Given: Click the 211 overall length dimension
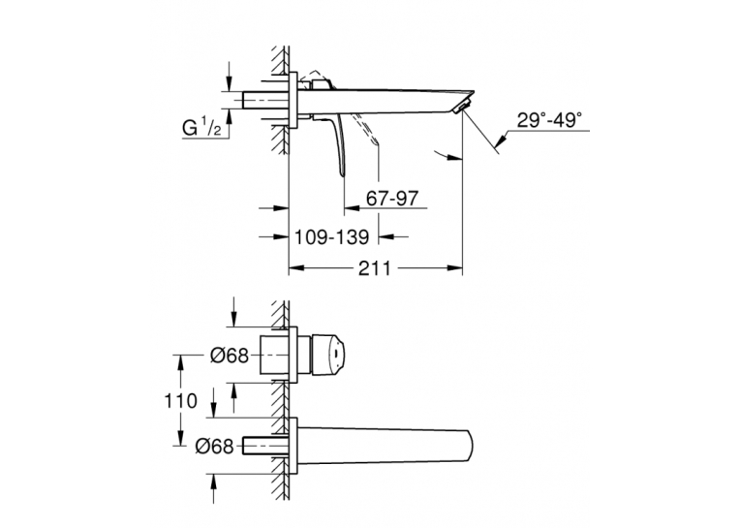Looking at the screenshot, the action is (375, 268).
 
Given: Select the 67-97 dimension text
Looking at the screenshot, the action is (392, 199).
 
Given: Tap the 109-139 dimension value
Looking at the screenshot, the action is (331, 236).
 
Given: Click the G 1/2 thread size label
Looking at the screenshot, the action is (201, 127).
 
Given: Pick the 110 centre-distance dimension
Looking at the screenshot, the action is (180, 401).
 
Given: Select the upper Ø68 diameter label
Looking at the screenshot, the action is (230, 356).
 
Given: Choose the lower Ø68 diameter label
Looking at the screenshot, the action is (214, 446).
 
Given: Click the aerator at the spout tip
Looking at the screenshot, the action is (463, 106).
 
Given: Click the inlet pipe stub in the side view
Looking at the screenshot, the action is (265, 100).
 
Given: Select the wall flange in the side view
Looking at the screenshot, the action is (293, 100).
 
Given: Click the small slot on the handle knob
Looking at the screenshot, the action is (335, 355).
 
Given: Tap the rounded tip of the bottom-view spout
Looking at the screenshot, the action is (469, 446).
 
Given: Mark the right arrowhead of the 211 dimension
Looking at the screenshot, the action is (455, 268).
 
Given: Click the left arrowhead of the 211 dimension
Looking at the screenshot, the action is (295, 268).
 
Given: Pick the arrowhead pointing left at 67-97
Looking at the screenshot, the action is (352, 207).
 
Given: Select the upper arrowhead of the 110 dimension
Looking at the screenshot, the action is (180, 362).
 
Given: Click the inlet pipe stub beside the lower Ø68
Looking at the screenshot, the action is (265, 446).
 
